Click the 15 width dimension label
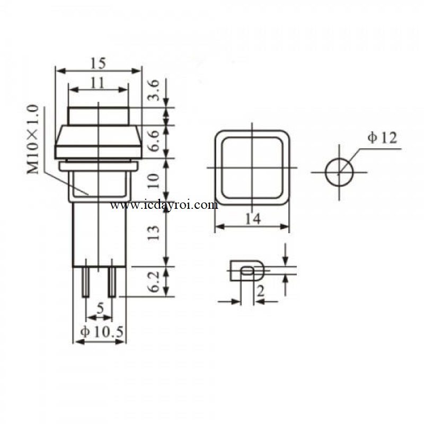click(x=98, y=64)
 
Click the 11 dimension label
click(x=98, y=83)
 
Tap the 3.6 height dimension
click(x=154, y=90)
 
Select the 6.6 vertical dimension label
click(x=154, y=141)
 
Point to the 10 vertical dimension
click(x=154, y=181)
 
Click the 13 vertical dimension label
click(x=154, y=233)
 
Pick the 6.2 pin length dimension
click(x=154, y=282)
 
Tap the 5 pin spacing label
click(x=100, y=308)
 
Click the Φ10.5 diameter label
click(x=102, y=332)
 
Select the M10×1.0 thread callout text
click(x=33, y=139)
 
